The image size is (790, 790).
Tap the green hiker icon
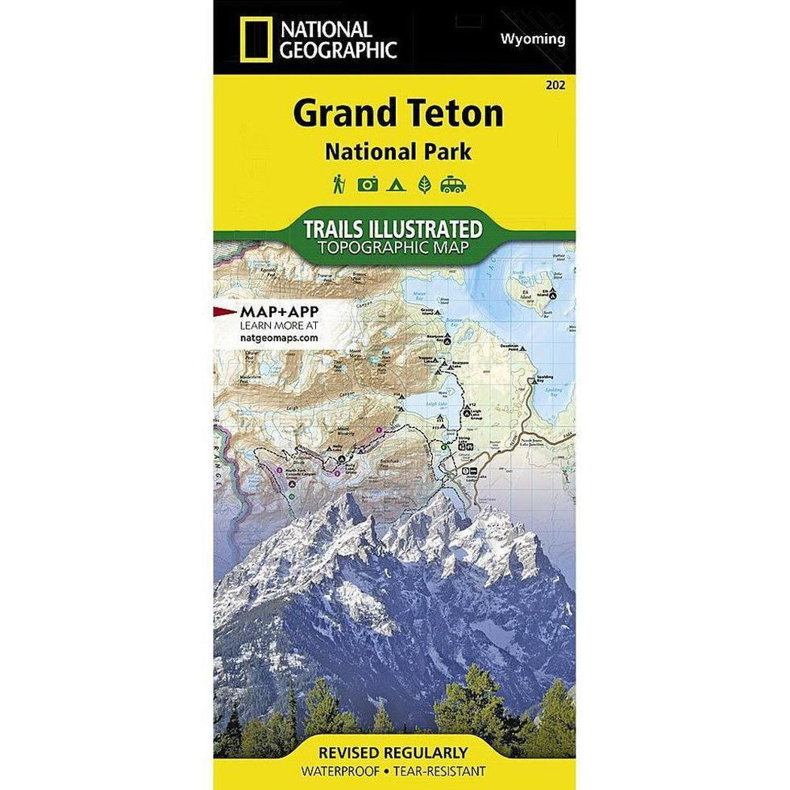(339, 184)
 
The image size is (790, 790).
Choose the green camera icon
(367, 184)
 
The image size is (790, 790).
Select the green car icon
(453, 184)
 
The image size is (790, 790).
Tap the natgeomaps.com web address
(278, 339)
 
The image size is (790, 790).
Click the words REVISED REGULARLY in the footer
(393, 753)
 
